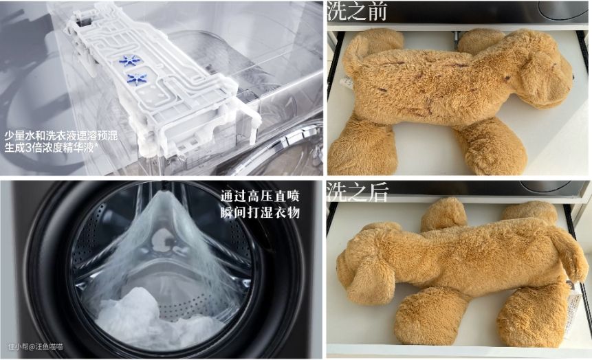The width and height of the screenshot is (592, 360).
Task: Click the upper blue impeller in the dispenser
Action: click(x=129, y=60)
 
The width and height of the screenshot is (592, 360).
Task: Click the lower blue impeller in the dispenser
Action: click(x=137, y=78)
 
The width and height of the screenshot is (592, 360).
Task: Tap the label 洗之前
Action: click(x=357, y=10)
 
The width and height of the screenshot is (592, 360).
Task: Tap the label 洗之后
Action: click(x=357, y=192)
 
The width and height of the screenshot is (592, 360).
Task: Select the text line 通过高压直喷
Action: click(x=260, y=196)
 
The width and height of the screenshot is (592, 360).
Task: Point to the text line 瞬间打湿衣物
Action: click(x=260, y=212)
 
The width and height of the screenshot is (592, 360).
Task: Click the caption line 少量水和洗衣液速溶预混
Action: click(x=61, y=136)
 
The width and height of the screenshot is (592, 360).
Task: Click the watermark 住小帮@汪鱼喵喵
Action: click(x=36, y=346)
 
